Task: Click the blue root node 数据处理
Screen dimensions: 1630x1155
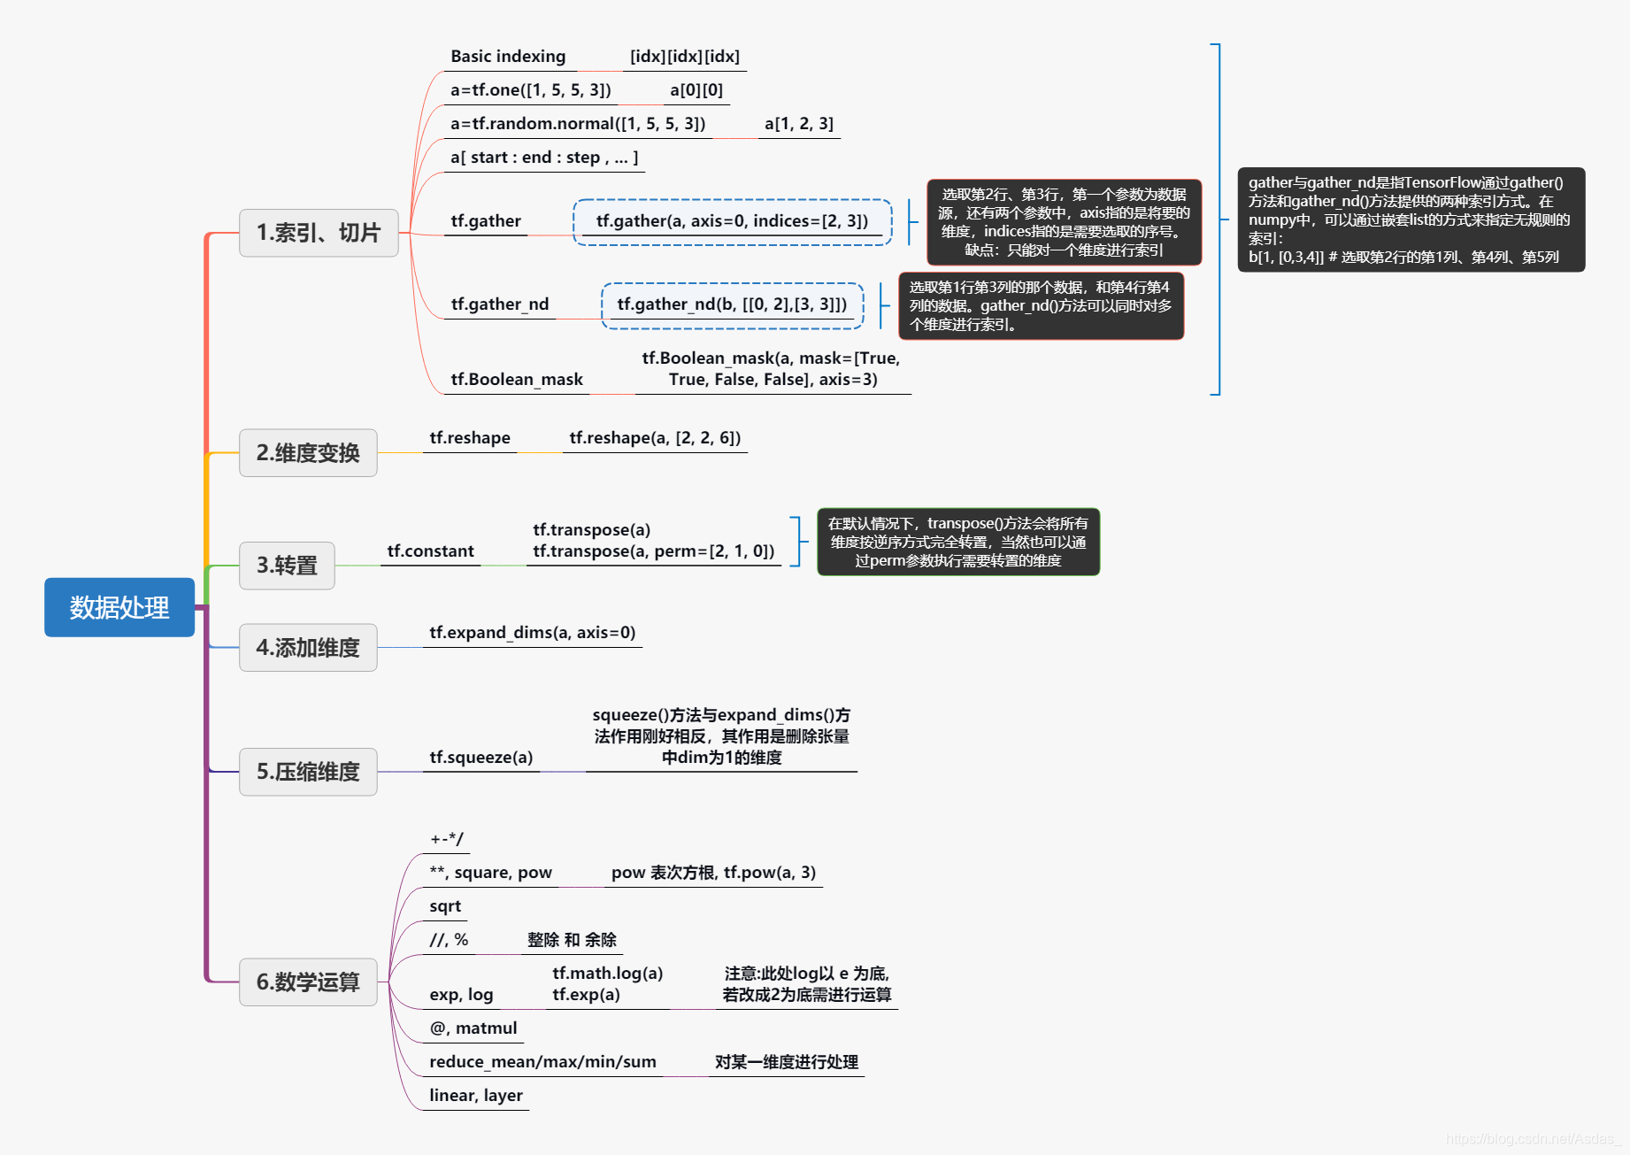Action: click(x=119, y=607)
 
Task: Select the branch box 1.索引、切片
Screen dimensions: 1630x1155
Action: click(x=319, y=233)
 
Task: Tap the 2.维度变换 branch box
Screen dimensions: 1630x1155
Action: click(x=308, y=453)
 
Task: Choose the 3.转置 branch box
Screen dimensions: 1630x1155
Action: click(x=287, y=566)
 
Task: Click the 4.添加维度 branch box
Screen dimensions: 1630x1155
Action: click(x=308, y=648)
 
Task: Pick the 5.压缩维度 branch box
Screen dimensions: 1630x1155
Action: click(x=308, y=772)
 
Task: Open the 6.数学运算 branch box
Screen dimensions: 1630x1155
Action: click(x=308, y=982)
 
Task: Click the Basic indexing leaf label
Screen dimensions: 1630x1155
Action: click(x=508, y=57)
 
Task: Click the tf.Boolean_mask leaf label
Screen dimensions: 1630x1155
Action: click(x=517, y=380)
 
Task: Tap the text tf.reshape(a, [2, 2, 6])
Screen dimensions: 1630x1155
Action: click(x=655, y=438)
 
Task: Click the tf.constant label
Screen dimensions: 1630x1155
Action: click(x=430, y=551)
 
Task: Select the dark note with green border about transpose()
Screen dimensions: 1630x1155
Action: click(x=958, y=542)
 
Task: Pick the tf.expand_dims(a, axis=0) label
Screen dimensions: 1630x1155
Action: click(x=533, y=633)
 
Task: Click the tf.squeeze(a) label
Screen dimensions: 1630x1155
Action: click(x=481, y=758)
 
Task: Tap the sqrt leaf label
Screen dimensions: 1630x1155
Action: click(x=445, y=906)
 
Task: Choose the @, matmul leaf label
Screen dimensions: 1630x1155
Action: click(x=473, y=1028)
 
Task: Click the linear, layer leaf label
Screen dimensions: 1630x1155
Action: click(x=476, y=1096)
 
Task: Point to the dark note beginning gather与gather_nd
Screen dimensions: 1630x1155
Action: click(x=1411, y=219)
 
